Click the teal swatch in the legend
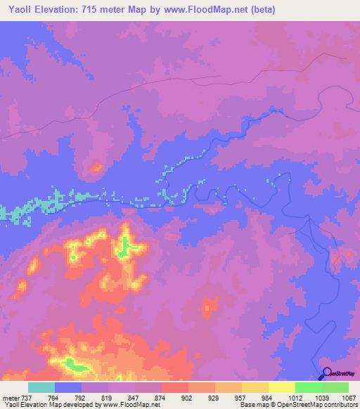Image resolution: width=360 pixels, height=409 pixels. (41, 387)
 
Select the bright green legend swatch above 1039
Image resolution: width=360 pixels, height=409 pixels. (309, 387)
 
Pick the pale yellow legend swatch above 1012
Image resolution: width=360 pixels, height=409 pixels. (281, 387)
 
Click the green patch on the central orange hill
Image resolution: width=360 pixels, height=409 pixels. (127, 247)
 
